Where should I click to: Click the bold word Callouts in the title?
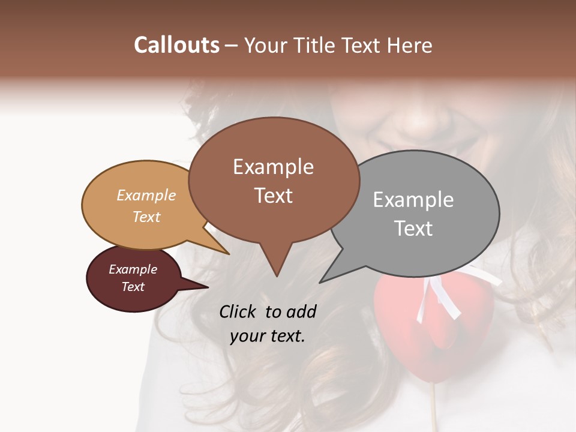click(176, 45)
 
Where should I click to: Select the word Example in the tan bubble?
click(146, 195)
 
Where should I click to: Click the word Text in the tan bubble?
click(146, 217)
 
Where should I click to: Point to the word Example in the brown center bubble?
click(273, 167)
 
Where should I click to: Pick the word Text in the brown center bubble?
click(274, 196)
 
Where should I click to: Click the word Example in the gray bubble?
click(413, 200)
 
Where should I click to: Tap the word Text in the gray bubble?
click(414, 229)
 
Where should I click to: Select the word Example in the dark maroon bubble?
click(133, 269)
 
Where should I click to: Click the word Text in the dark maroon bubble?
click(133, 287)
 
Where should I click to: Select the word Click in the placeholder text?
click(239, 311)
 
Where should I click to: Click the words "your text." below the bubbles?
click(268, 336)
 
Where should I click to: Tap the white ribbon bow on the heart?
click(441, 294)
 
